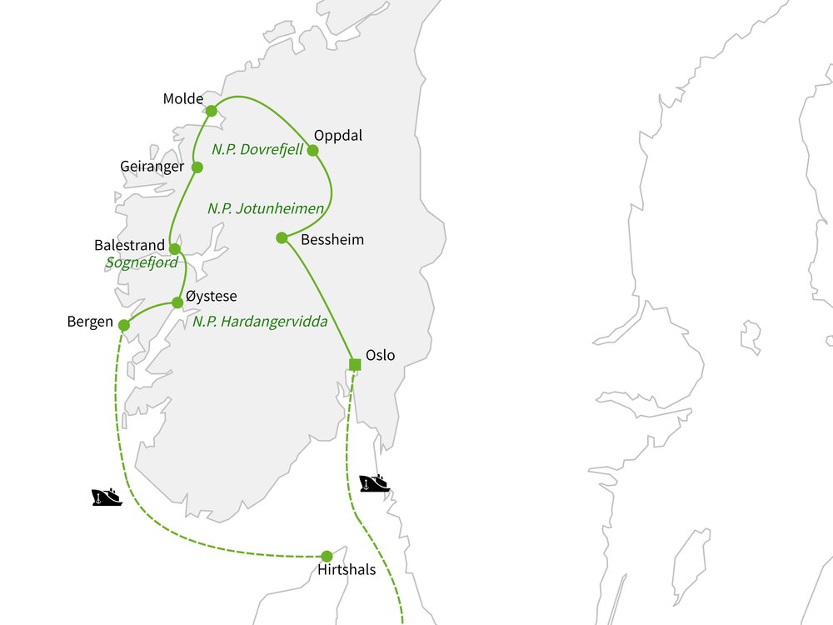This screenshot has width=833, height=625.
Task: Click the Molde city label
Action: pos(183,99)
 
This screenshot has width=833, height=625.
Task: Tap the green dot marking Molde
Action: pos(212,111)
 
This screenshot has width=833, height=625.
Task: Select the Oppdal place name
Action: pos(338,135)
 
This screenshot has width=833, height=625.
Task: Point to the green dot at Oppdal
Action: pos(313,151)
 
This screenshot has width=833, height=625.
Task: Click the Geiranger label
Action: pos(152,167)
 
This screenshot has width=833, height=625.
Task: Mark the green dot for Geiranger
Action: pos(197,167)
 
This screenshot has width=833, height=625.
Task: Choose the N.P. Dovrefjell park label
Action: pos(257,151)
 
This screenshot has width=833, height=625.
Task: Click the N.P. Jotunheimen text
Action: pos(265,208)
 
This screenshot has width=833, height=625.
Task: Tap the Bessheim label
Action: pos(332,240)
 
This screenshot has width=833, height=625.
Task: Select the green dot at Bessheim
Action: pos(282,237)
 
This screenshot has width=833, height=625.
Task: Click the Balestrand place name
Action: pos(130,247)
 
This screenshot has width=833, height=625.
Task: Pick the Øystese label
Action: pos(212,297)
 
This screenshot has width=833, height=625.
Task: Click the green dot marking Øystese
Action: pos(177,302)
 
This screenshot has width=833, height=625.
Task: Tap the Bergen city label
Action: pos(90,322)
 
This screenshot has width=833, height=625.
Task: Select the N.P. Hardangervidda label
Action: pos(260,322)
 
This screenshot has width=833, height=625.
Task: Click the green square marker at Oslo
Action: pos(355,364)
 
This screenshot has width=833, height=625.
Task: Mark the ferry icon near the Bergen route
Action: pos(107,497)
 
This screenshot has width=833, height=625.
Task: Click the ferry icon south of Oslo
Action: pos(374,483)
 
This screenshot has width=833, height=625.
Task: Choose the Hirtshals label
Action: pos(347,571)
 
